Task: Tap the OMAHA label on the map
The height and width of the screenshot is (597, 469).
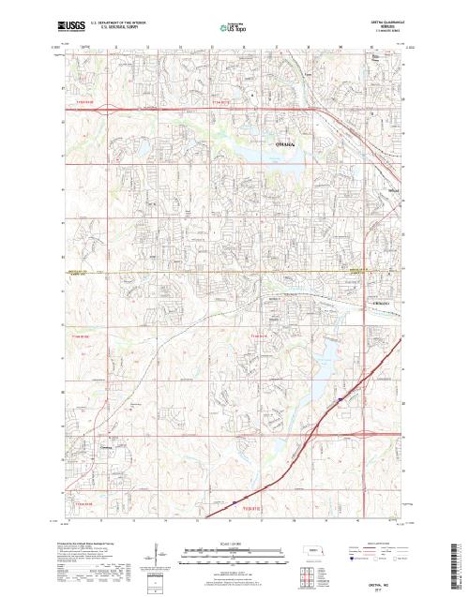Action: click(x=285, y=146)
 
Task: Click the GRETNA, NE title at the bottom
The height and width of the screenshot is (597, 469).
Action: click(x=380, y=583)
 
